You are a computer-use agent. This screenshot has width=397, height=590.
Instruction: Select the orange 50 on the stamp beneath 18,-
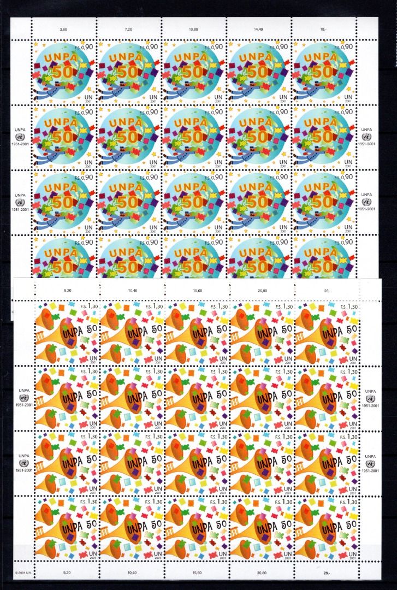point(322,72)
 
